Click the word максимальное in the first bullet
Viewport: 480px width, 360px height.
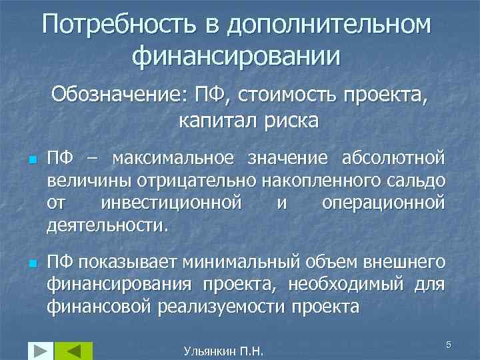173,159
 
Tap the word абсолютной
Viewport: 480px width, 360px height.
393,159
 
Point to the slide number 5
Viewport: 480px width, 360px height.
449,344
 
